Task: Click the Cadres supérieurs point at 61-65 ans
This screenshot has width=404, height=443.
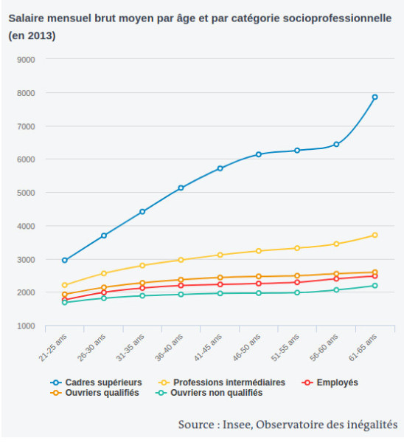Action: point(375,97)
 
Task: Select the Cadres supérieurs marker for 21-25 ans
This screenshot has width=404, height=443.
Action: point(65,260)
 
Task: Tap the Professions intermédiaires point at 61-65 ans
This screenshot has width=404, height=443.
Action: point(375,235)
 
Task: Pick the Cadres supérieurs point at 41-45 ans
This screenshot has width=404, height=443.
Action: point(220,168)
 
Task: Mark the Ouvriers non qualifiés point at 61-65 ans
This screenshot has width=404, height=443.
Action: point(375,286)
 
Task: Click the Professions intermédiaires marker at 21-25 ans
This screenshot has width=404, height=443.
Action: point(65,285)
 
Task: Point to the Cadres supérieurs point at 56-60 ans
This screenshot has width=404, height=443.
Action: point(336,145)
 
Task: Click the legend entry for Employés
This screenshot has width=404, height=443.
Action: point(330,382)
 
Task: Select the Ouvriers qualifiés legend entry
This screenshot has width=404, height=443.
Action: point(95,393)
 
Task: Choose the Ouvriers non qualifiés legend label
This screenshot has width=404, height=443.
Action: point(217,393)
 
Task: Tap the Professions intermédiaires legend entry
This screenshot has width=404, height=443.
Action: point(222,382)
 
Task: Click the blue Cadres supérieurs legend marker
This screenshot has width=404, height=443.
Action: point(56,382)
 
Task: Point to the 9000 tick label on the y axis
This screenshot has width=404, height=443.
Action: point(26,60)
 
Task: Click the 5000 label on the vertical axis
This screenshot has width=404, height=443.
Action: point(26,193)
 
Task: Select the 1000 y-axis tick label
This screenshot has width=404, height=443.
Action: point(26,326)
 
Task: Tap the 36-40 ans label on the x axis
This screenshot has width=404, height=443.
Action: point(169,348)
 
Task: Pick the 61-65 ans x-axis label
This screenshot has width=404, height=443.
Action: point(363,348)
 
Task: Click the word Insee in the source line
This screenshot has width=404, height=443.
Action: point(237,425)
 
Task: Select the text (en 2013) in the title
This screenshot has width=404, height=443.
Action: point(32,36)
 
